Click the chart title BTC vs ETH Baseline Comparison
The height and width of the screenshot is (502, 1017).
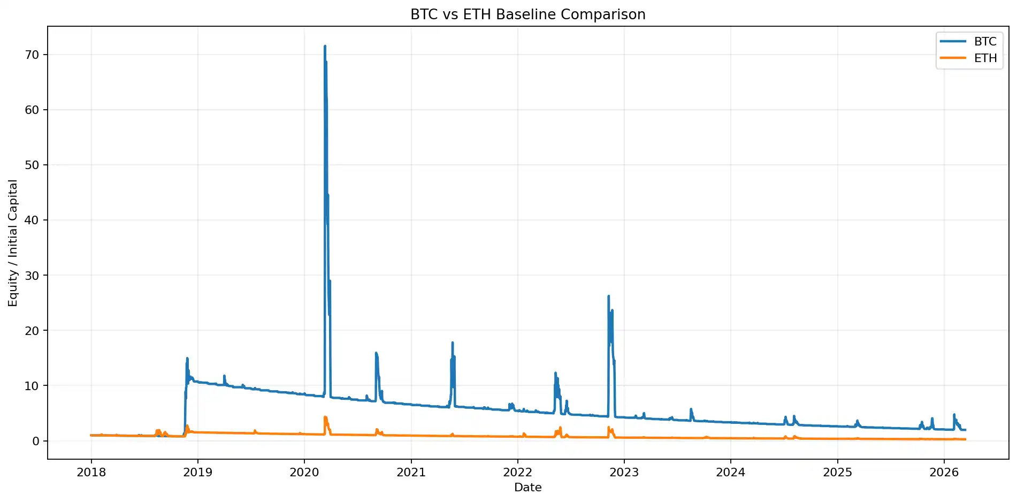(x=527, y=14)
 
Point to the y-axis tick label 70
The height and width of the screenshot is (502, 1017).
(x=32, y=55)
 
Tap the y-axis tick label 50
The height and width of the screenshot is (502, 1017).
(x=32, y=165)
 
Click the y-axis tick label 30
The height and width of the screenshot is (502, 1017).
(x=32, y=275)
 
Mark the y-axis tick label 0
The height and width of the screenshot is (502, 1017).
(x=36, y=441)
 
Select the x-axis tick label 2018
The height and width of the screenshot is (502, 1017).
(x=91, y=473)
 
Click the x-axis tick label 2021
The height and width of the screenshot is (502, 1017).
(x=411, y=473)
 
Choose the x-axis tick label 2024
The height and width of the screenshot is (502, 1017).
(x=731, y=473)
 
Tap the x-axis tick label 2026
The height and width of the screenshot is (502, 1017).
(x=944, y=473)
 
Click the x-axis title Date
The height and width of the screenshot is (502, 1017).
(x=527, y=488)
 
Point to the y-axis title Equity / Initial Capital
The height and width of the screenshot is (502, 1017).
(x=13, y=243)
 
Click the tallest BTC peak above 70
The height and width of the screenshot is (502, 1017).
(x=325, y=47)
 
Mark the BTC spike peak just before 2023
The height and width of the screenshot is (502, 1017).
(x=608, y=296)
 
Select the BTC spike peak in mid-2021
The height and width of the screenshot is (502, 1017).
(x=453, y=343)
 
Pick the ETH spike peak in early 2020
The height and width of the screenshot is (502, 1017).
(x=325, y=417)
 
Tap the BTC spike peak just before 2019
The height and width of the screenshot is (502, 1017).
(x=187, y=359)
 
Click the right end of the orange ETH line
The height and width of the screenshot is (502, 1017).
(x=965, y=439)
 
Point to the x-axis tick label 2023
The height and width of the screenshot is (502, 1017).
(x=624, y=473)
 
